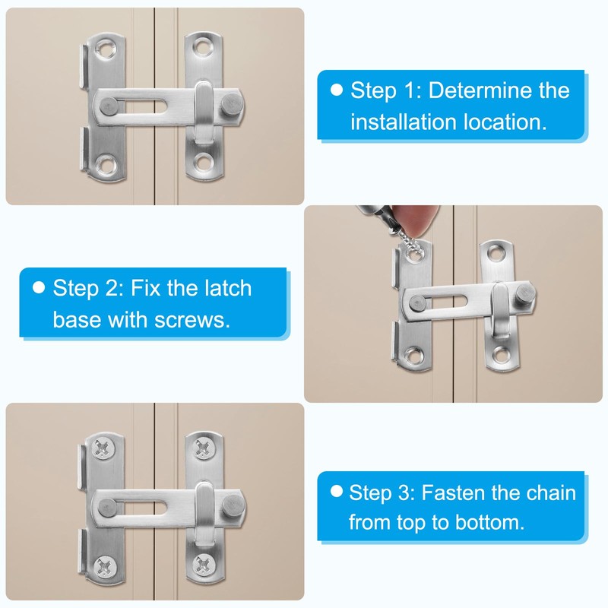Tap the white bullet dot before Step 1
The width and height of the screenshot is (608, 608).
point(337,90)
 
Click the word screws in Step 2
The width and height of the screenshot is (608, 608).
point(194,319)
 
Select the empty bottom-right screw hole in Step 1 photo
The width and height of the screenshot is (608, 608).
point(202,160)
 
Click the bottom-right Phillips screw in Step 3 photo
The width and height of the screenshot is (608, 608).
point(202,562)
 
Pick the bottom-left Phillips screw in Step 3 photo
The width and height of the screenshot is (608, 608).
point(101,563)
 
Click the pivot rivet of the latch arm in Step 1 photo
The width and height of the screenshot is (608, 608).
point(109,104)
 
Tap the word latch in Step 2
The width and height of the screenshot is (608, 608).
point(224,289)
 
